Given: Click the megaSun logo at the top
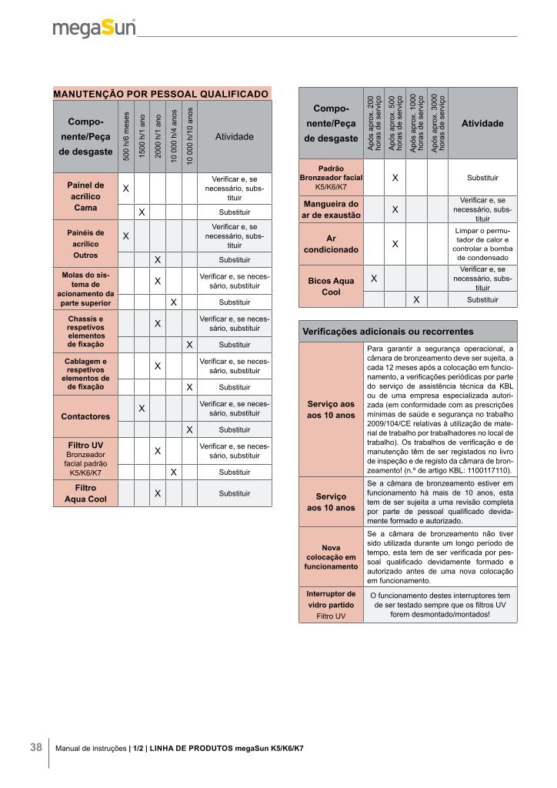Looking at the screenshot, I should tap(94, 28).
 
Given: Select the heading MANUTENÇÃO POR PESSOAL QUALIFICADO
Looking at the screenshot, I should tap(161, 93).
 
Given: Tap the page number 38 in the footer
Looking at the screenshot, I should tap(36, 747).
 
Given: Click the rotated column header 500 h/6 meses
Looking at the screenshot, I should tap(126, 136).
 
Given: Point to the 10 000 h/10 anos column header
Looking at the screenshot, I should tap(189, 136).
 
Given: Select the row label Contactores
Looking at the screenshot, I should tap(85, 416).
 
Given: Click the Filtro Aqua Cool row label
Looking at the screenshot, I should tap(85, 493).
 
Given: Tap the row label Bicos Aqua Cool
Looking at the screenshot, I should tap(331, 286).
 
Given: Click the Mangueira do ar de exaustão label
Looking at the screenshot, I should tap(331, 209).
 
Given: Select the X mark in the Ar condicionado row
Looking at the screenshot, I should tap(395, 244).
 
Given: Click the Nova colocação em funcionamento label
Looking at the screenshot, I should tap(331, 556).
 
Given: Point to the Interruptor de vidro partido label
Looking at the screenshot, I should tap(331, 604).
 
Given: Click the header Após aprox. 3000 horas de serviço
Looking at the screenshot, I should tap(437, 123).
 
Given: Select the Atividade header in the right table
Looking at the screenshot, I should tap(482, 123).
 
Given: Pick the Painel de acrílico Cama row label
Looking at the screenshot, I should tap(85, 196).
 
